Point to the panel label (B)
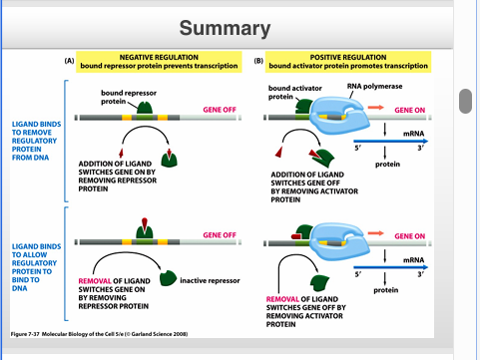[x=258, y=61]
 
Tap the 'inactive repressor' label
[x=212, y=280]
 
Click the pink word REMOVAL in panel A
[x=95, y=281]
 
